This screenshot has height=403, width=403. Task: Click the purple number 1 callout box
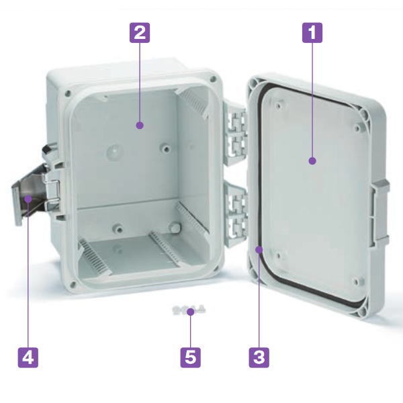coord(312,33)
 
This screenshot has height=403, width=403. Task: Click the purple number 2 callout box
coord(140,33)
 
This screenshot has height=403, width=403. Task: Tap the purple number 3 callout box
coord(259,357)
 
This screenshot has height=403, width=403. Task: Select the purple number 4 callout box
coord(28,357)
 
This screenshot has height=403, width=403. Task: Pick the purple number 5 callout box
coord(191,357)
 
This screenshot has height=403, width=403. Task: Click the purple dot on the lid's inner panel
coord(312,161)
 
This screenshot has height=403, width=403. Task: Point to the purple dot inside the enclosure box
coord(140,126)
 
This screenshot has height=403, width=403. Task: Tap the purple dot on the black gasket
coord(259,249)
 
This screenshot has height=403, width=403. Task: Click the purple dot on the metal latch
coord(28,199)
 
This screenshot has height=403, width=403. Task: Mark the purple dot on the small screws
coord(191,312)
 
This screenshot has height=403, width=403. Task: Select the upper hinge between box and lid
coord(234,134)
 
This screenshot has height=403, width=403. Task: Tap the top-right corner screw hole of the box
coord(212,79)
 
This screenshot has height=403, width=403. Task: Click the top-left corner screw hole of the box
coord(68,93)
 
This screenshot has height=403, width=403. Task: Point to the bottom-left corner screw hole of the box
coord(73,284)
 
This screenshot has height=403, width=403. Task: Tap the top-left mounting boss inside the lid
coord(278,105)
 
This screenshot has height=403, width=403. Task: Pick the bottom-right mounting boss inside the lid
coord(357,281)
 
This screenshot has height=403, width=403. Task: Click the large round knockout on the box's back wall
coord(114,151)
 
